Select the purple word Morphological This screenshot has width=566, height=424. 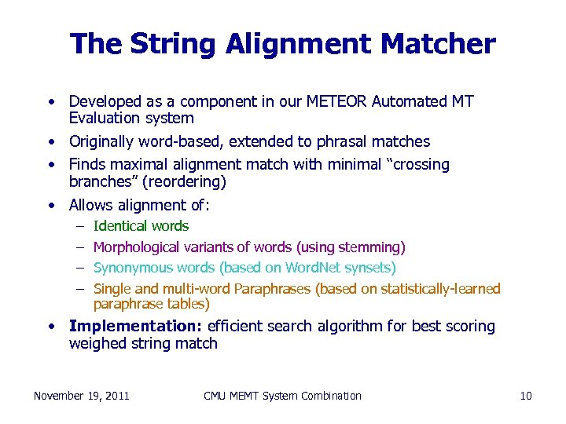(136, 248)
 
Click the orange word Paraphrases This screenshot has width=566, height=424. (274, 289)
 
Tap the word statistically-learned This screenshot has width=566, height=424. (440, 289)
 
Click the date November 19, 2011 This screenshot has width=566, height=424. (82, 396)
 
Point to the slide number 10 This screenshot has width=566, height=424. (526, 396)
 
